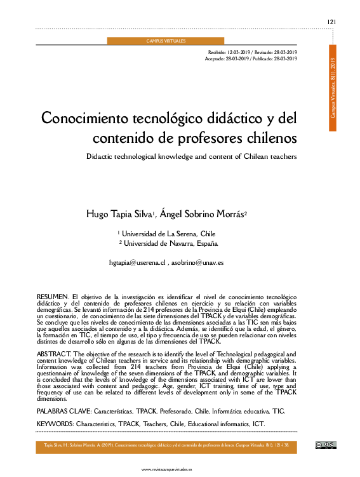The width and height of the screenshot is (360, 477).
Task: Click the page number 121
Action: pyautogui.click(x=331, y=22)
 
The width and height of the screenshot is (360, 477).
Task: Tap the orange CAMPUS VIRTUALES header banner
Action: pyautogui.click(x=166, y=41)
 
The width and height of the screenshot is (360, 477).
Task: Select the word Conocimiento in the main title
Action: pyautogui.click(x=80, y=119)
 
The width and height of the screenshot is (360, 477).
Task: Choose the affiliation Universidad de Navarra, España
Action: pyautogui.click(x=170, y=243)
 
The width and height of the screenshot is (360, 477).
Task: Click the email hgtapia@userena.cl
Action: pyautogui.click(x=137, y=262)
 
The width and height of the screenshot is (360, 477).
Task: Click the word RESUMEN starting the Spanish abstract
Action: pyautogui.click(x=53, y=297)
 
